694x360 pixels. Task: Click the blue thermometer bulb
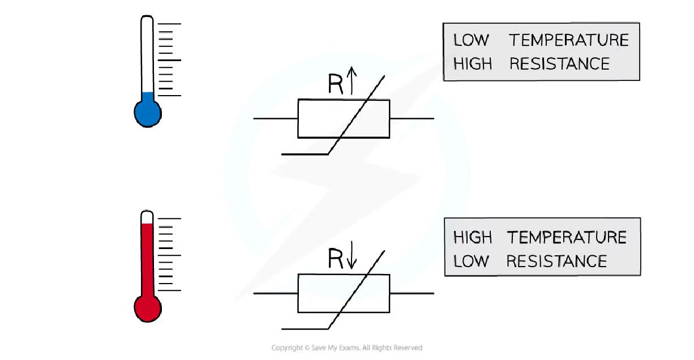tap(147, 113)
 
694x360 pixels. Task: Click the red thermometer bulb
tap(147, 308)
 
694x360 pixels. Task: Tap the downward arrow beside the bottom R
tap(352, 258)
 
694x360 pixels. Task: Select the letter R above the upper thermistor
tap(336, 84)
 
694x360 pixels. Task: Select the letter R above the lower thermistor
tap(336, 259)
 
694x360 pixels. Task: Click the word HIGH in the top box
tap(473, 63)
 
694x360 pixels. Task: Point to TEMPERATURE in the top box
tap(568, 40)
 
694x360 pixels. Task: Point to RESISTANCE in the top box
tap(559, 63)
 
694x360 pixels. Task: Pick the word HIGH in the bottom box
tap(473, 237)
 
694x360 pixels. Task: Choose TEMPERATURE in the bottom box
tap(566, 237)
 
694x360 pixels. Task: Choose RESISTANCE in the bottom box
tap(556, 261)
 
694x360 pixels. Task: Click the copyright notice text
tap(346, 348)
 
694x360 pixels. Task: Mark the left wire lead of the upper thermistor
tap(276, 119)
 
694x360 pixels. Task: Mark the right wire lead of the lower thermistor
tap(412, 293)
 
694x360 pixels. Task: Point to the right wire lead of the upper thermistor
tap(412, 119)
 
